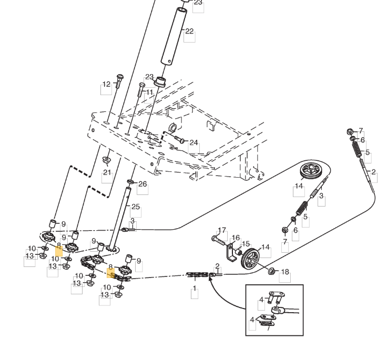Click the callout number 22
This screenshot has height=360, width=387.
pyautogui.click(x=189, y=32)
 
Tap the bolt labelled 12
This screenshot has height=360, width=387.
pyautogui.click(x=119, y=81)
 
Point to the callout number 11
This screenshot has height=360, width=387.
pyautogui.click(x=150, y=92)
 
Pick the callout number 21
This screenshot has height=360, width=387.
pyautogui.click(x=107, y=172)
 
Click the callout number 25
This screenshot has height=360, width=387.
pyautogui.click(x=136, y=207)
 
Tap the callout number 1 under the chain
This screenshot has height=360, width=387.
pyautogui.click(x=195, y=288)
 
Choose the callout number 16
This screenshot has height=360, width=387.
pyautogui.click(x=236, y=238)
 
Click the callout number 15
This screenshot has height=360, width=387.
pyautogui.click(x=246, y=244)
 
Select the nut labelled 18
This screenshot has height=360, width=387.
pyautogui.click(x=272, y=271)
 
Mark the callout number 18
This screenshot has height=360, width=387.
pyautogui.click(x=284, y=272)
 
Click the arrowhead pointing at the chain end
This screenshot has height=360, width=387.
pyautogui.click(x=210, y=281)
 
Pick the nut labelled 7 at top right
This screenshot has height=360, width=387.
pyautogui.click(x=350, y=131)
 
